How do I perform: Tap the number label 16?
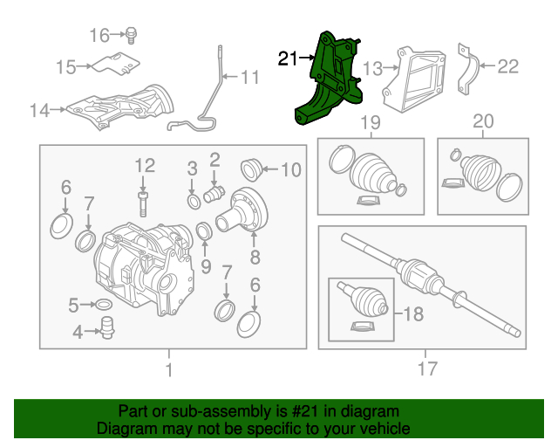click(99, 35)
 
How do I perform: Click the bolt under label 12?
click(143, 203)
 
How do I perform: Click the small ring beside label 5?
click(102, 305)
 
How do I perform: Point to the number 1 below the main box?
click(169, 369)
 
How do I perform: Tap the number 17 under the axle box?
click(425, 369)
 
